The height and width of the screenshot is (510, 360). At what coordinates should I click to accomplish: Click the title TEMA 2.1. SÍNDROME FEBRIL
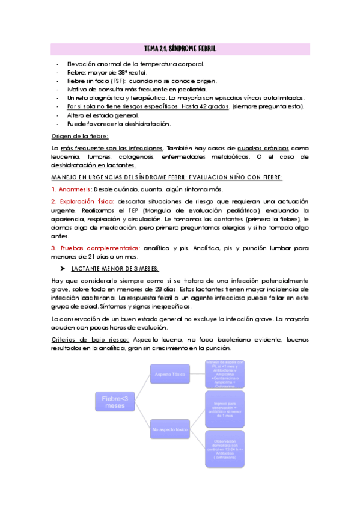click(x=180, y=48)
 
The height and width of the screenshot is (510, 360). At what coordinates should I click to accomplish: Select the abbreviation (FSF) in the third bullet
click(x=117, y=81)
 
